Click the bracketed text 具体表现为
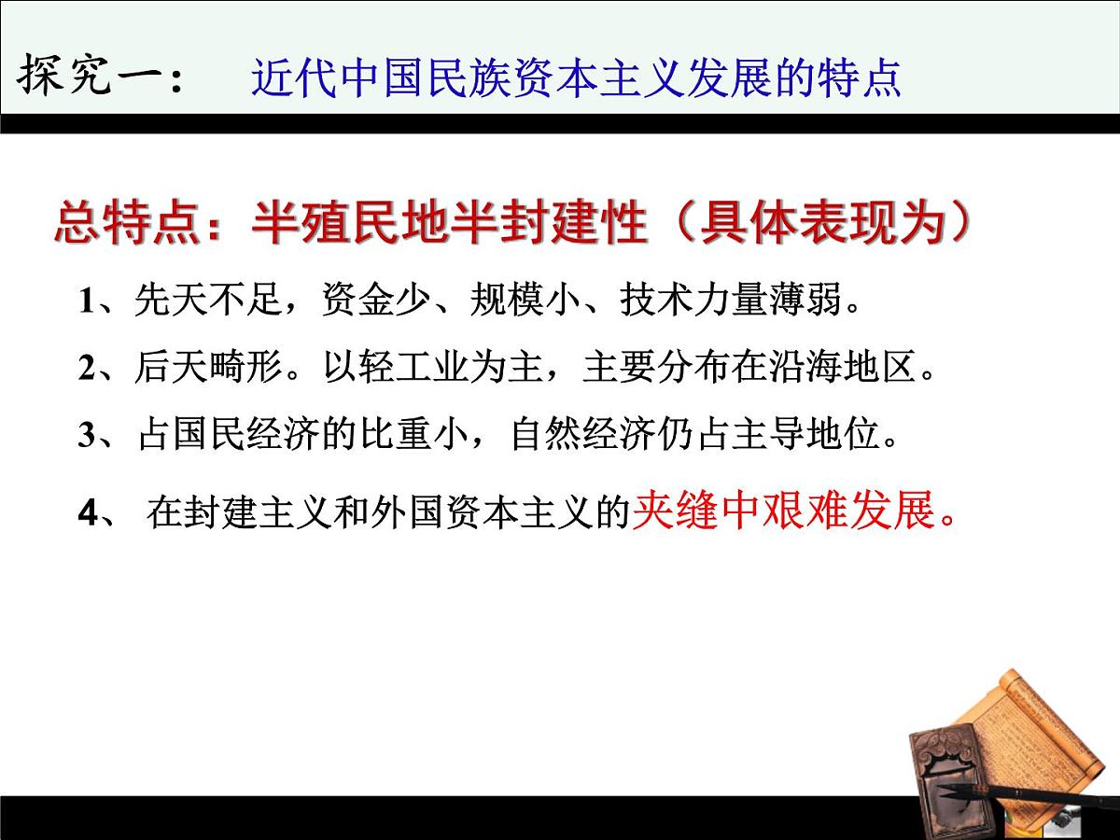(x=821, y=224)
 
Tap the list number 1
(x=87, y=301)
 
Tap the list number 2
(x=87, y=368)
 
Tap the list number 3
(x=87, y=436)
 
